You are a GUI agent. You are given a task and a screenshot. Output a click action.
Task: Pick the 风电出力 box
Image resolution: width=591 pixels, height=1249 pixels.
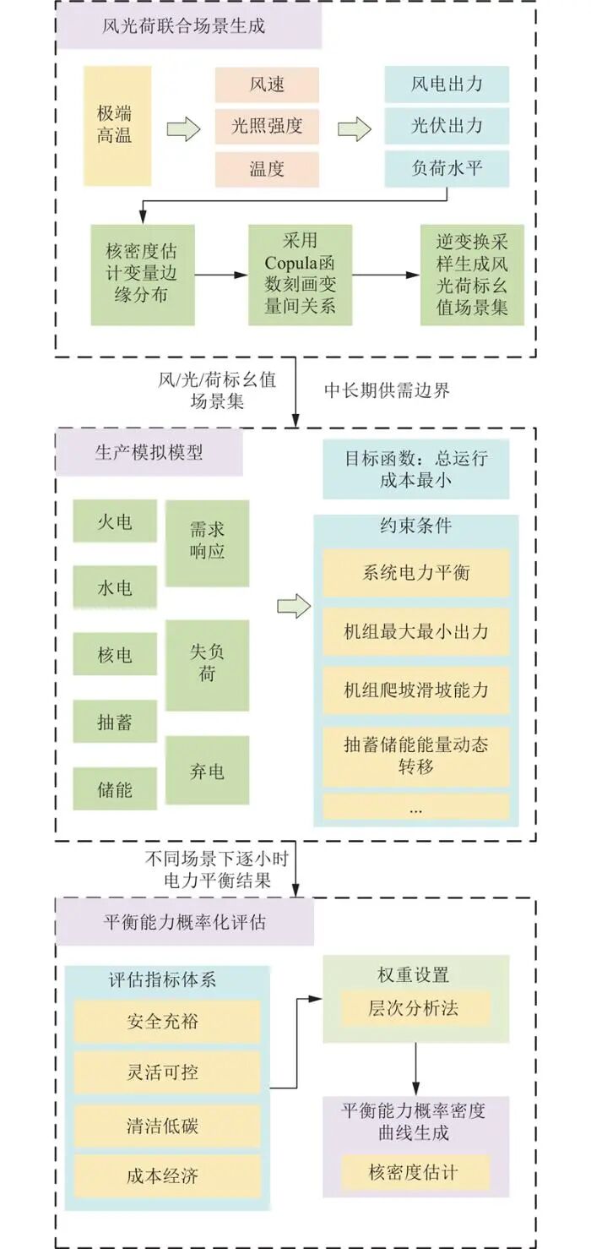click(447, 85)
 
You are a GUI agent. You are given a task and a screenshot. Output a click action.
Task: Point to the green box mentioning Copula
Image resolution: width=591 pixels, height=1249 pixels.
click(300, 274)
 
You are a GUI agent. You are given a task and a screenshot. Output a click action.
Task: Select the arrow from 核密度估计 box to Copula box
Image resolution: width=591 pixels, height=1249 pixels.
click(221, 275)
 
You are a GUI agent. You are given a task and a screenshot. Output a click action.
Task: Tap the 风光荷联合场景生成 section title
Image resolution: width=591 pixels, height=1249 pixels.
click(189, 26)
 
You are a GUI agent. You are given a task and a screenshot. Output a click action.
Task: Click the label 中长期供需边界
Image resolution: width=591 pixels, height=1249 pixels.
click(387, 390)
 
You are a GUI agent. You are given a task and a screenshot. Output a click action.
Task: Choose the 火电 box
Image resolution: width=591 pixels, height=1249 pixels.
click(115, 521)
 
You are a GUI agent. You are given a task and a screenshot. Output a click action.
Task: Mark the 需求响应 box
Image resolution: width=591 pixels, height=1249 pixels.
click(207, 543)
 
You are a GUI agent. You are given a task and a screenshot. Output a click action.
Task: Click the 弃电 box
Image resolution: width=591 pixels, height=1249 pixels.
click(207, 770)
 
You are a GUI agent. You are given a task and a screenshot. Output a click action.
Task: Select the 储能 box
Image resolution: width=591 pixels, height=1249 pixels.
click(115, 791)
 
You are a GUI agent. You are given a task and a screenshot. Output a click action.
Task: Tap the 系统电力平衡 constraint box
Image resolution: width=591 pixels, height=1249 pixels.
click(415, 573)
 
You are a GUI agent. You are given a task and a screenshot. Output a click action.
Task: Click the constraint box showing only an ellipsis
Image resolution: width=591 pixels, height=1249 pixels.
click(415, 807)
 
